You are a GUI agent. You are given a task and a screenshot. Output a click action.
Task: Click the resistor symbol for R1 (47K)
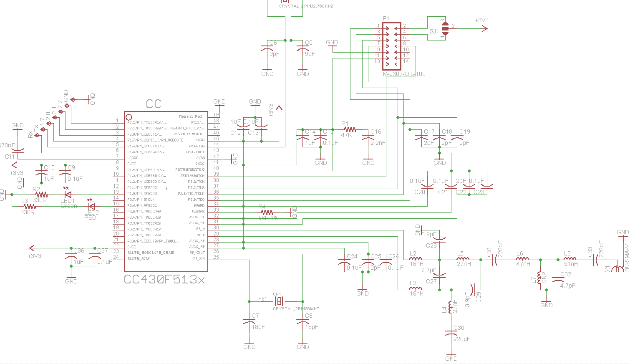pos(350,129)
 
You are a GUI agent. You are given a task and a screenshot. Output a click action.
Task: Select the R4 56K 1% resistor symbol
pos(267,212)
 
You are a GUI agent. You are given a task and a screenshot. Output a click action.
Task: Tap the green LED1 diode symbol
pos(67,194)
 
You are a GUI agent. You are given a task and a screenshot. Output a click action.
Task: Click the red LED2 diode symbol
pos(91,206)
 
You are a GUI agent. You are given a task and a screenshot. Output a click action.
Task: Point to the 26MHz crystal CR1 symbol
pos(279,301)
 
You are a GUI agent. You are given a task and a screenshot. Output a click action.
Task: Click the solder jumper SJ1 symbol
pos(445,28)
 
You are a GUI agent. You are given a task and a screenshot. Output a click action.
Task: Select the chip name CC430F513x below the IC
pos(164,279)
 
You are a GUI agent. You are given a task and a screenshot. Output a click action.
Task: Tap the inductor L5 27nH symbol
pos(463,259)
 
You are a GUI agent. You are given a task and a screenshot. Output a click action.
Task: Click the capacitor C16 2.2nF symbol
pos(368,138)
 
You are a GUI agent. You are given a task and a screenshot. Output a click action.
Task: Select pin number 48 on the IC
pos(216,121)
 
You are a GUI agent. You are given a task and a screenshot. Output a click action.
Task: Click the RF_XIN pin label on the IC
pos(199,259)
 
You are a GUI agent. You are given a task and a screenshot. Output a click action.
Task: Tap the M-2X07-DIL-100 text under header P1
pos(404,74)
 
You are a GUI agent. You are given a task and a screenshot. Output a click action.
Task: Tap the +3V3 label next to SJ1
pos(481,20)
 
